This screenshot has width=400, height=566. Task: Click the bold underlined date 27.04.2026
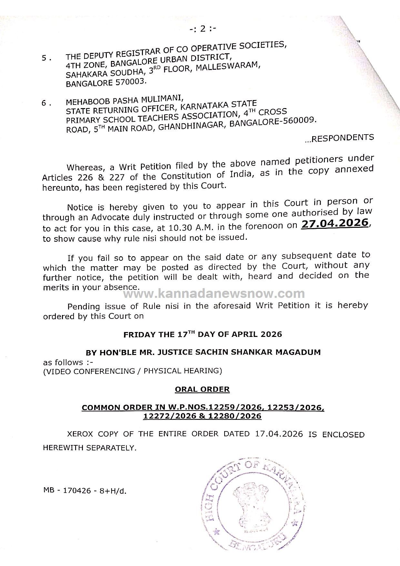point(334,223)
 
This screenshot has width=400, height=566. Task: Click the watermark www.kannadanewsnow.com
point(214,294)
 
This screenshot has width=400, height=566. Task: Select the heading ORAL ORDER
point(202,389)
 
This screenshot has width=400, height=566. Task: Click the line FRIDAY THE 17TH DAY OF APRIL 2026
point(203,334)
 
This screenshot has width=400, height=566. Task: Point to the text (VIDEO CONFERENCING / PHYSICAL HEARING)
point(132,371)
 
